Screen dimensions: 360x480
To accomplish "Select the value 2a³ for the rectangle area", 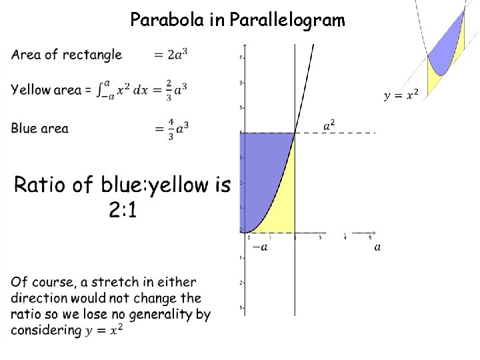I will point(176,55).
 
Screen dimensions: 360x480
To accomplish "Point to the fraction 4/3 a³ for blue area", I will point(171,128).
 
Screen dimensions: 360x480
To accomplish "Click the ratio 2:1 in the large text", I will point(123,210).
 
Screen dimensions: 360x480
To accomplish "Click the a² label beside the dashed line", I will point(329,125).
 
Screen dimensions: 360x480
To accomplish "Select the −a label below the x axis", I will point(260,247).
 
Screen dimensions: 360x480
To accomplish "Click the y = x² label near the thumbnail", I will point(401,95).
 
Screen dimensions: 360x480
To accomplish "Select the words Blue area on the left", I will point(39,128).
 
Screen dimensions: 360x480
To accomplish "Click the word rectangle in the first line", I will point(92,55).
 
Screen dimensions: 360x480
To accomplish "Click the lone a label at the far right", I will point(378,247).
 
